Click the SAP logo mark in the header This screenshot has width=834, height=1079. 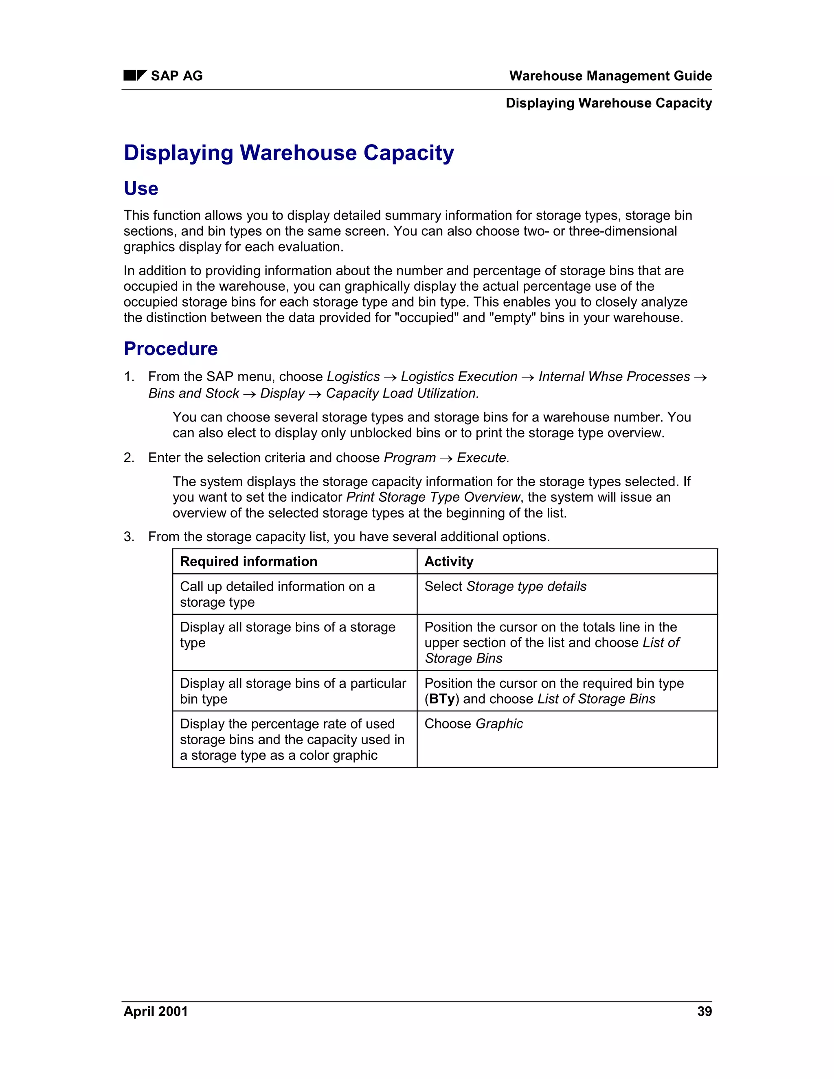[135, 76]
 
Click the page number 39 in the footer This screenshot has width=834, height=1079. [704, 1011]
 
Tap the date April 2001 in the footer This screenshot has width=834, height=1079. [156, 1011]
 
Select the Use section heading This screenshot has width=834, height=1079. [141, 189]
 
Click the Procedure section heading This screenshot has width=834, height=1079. [171, 349]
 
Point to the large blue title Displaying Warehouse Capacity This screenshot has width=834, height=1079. [289, 153]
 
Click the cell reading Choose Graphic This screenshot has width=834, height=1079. [473, 724]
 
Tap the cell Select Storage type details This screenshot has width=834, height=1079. [505, 586]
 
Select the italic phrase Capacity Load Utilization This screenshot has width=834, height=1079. [402, 393]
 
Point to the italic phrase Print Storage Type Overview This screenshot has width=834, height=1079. [433, 497]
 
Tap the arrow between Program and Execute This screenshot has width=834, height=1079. [446, 459]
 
